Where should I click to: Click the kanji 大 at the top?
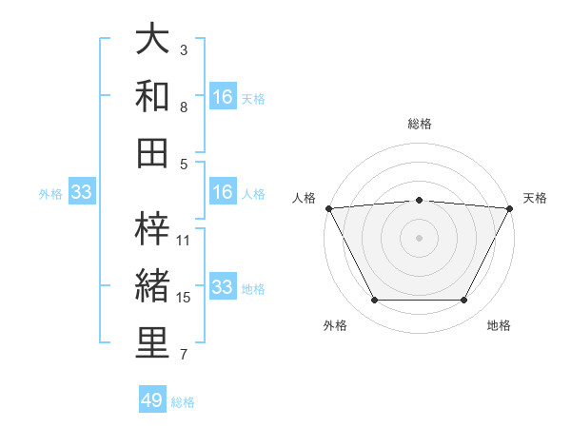[152, 40]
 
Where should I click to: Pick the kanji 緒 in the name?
[152, 285]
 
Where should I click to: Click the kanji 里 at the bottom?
[152, 342]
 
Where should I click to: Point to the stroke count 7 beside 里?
[184, 355]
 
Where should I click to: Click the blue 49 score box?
[152, 400]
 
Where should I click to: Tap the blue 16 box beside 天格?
[223, 97]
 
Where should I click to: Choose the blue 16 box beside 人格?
[223, 192]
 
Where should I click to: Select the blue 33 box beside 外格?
[81, 193]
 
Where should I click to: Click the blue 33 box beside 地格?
[223, 287]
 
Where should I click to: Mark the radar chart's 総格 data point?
[419, 200]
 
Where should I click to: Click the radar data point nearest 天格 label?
[510, 207]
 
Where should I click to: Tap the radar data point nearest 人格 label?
[328, 207]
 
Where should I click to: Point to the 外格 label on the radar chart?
[335, 326]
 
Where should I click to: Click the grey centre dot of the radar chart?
[419, 237]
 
